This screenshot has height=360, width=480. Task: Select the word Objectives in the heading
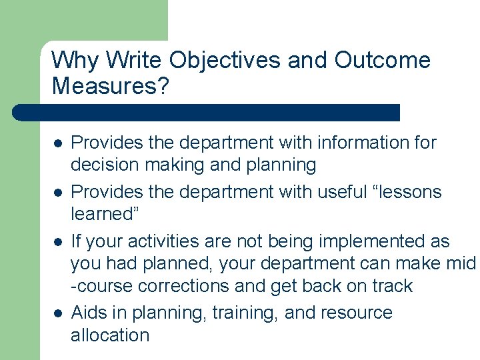coord(224,60)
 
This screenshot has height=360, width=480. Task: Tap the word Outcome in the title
coord(382,60)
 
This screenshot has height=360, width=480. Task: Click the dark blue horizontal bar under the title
coord(207,112)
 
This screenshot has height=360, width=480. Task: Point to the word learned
coord(102,214)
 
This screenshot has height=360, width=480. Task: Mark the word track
coord(393,286)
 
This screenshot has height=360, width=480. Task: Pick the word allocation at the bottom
coord(110,335)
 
